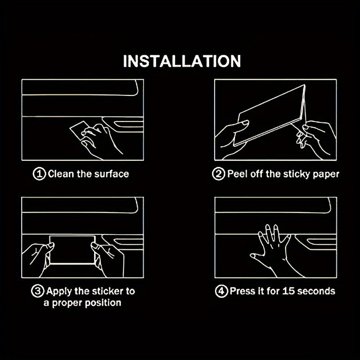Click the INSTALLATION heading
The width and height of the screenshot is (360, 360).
point(182,61)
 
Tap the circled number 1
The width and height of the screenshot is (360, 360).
point(39,174)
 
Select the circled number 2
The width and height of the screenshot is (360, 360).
point(218,174)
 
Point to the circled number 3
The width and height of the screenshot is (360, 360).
point(37,291)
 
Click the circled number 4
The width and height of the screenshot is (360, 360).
point(221,291)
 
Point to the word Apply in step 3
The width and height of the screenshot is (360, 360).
point(59,292)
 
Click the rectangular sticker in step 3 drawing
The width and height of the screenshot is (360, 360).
point(72,250)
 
